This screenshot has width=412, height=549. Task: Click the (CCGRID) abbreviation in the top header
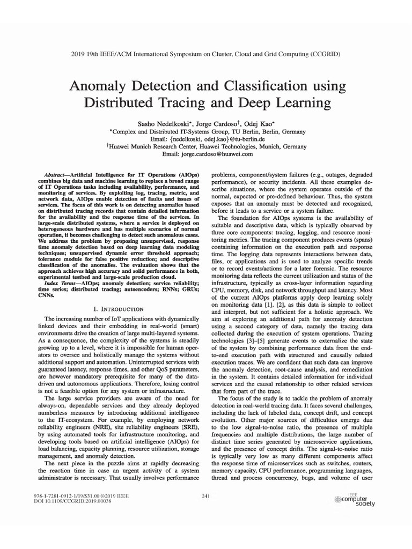tap(321, 55)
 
